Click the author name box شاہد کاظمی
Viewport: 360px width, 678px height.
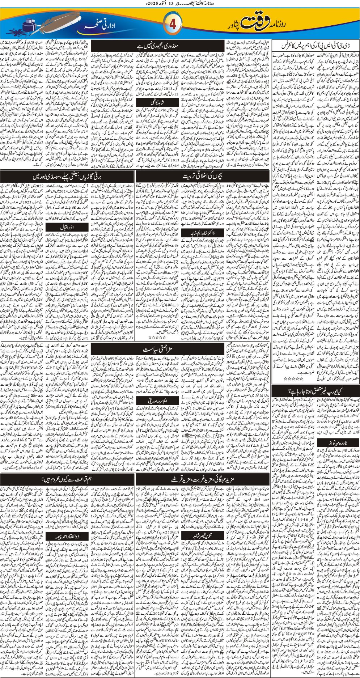[x=158, y=103]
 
